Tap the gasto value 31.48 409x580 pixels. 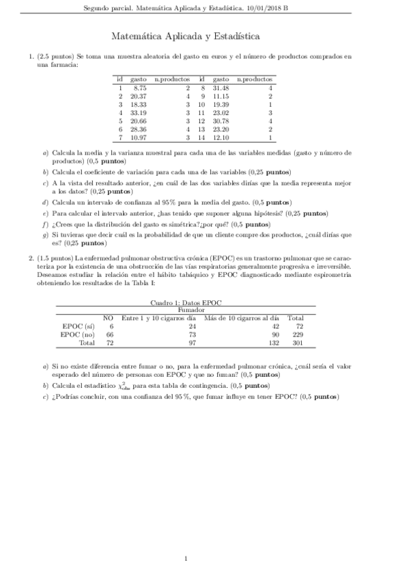[x=220, y=88]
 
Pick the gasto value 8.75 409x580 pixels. [x=140, y=88]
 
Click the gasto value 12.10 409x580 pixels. [x=220, y=137]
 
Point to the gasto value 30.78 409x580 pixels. [x=220, y=120]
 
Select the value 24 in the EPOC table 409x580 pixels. [x=192, y=327]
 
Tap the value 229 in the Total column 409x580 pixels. [x=296, y=335]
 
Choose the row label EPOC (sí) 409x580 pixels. [x=78, y=327]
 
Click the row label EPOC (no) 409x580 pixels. [x=78, y=335]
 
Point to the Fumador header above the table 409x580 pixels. [x=204, y=310]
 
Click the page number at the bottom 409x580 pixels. [x=186, y=559]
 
